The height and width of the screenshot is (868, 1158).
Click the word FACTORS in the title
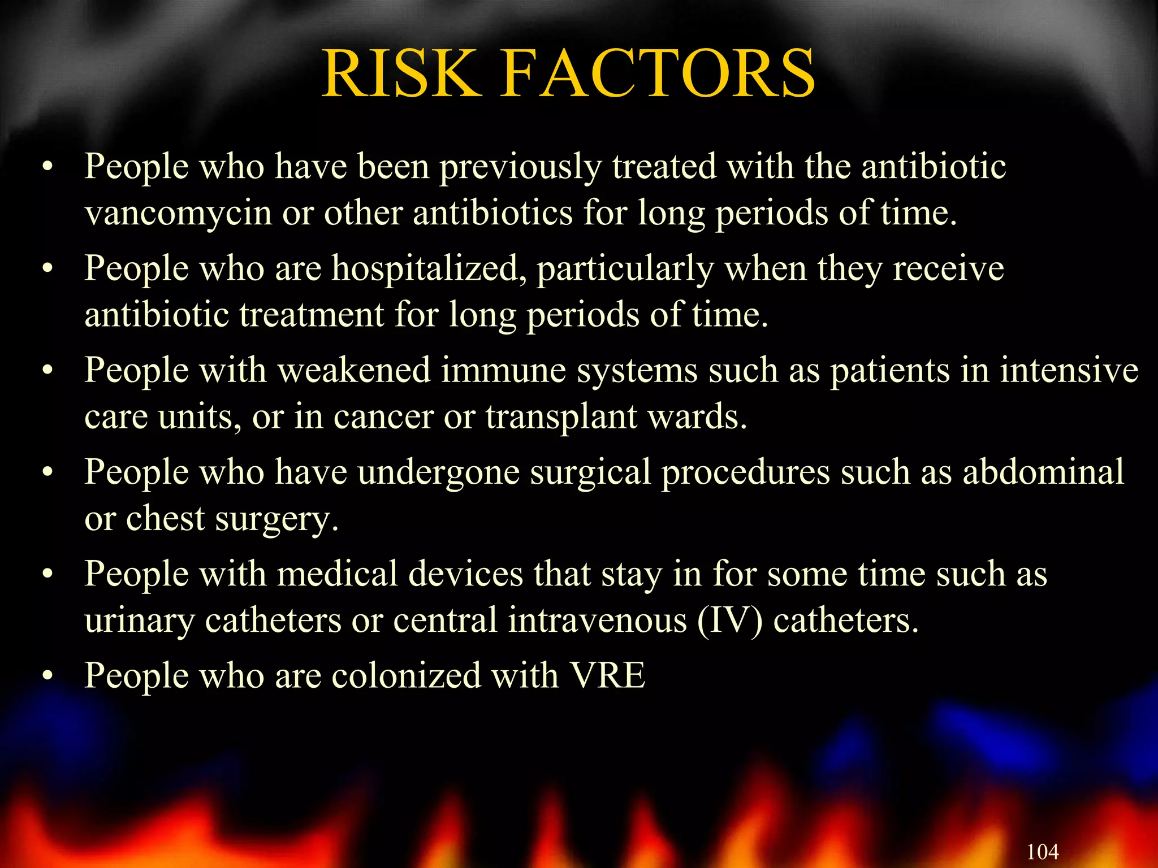[659, 73]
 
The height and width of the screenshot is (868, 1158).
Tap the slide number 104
[1042, 851]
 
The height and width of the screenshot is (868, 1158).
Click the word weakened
[354, 371]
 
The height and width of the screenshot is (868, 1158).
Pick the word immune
[503, 371]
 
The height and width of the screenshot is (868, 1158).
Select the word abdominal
[1043, 472]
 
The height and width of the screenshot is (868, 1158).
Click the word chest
[165, 519]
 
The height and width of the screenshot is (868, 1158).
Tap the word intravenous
[597, 620]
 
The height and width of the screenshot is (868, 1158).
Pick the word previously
[521, 168]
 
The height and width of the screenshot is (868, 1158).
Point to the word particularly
[625, 268]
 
